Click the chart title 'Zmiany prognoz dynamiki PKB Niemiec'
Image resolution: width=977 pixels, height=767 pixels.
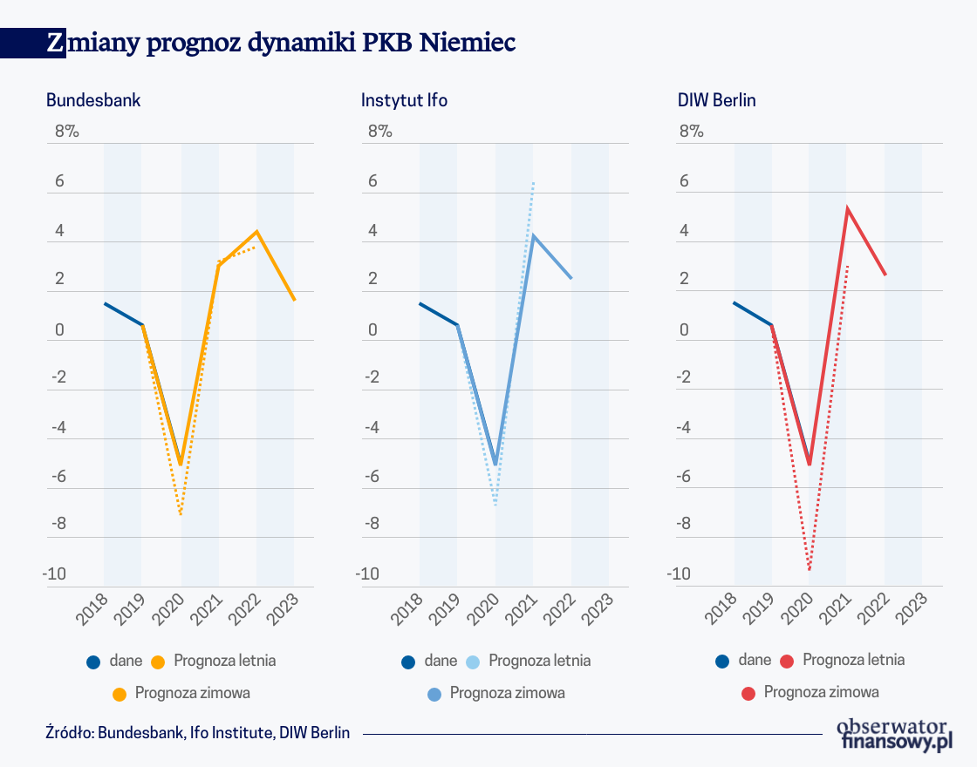point(281,43)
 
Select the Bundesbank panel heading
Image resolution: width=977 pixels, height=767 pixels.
point(93,100)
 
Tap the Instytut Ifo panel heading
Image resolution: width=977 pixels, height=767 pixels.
point(404,100)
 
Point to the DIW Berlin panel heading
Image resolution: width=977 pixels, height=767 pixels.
point(717,100)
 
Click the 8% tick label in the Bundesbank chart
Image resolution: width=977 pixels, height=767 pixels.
point(66,132)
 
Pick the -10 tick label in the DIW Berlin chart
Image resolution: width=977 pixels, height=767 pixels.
point(680,574)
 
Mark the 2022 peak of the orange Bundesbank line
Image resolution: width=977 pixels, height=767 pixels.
point(256,231)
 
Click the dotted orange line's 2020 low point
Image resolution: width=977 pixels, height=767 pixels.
point(181,514)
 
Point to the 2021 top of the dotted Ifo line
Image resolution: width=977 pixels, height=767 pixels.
point(533,182)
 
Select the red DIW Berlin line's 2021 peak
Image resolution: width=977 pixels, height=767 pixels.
point(847,208)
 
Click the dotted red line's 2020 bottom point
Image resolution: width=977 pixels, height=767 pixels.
point(810,570)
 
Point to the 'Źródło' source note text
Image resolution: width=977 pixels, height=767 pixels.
point(197,733)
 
